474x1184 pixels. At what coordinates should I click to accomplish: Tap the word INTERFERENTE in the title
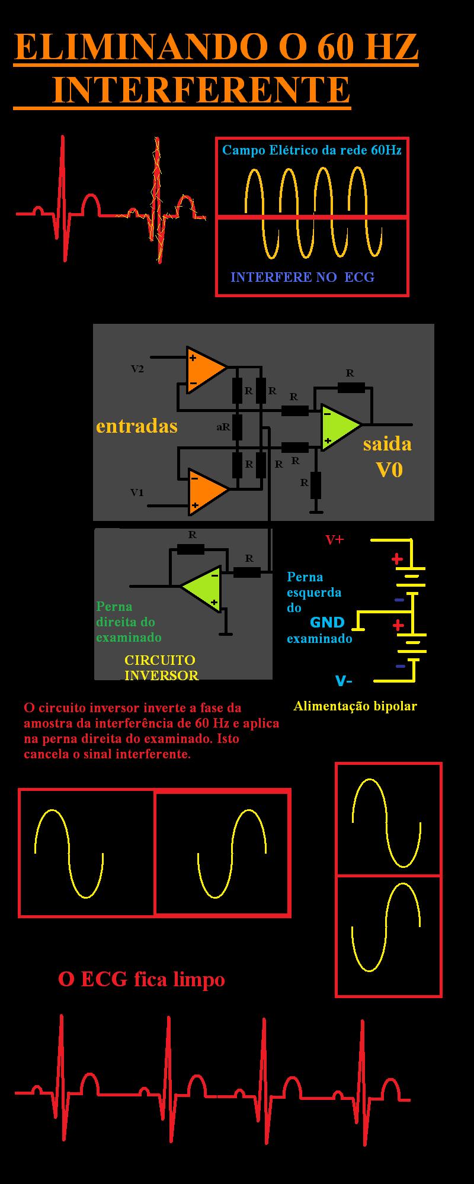point(201,89)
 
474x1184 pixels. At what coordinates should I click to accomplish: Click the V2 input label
point(137,369)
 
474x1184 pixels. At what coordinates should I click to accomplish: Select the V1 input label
point(137,493)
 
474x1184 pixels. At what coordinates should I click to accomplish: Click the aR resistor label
point(223,426)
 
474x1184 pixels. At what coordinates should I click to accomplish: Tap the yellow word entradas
point(137,426)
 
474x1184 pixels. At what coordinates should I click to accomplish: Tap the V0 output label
point(389,470)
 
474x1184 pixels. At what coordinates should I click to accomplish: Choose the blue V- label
point(344,681)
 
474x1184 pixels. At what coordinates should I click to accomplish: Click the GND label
point(327,622)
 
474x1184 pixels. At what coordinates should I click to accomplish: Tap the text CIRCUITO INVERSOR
point(161,668)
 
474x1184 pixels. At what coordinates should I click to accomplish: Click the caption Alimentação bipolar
point(355,706)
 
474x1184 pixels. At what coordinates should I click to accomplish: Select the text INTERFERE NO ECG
point(302,277)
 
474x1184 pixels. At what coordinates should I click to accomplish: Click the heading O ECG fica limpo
point(142,979)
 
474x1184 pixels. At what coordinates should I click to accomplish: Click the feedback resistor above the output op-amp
point(351,388)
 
